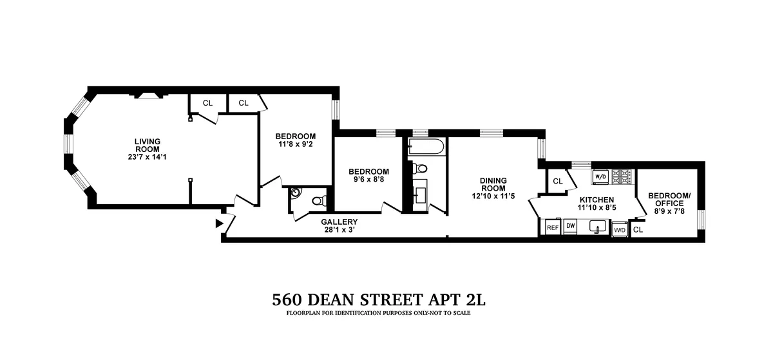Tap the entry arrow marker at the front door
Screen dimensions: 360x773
click(x=218, y=223)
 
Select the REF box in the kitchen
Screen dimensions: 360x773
click(x=552, y=227)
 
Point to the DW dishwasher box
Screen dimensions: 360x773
click(x=570, y=226)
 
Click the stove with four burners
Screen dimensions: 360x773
click(x=622, y=175)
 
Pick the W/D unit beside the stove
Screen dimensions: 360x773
click(x=600, y=176)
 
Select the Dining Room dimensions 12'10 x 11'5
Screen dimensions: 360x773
click(x=494, y=195)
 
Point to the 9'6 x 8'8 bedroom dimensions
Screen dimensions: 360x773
click(x=368, y=180)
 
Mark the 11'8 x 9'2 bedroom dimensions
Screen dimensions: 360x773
click(x=295, y=144)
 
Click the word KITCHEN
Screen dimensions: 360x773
click(x=595, y=200)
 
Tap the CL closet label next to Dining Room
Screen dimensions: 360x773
click(x=558, y=182)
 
